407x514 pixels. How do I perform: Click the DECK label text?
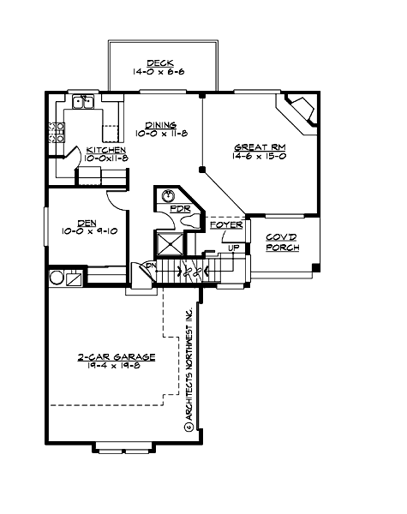[160, 63]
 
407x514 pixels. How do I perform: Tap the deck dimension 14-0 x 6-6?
[160, 73]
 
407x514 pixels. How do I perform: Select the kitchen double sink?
[83, 103]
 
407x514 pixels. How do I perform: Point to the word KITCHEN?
[106, 150]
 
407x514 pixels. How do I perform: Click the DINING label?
[160, 123]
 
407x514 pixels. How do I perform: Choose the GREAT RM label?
[259, 148]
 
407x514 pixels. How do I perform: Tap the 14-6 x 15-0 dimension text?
[259, 158]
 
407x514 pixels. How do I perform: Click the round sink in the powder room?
[169, 195]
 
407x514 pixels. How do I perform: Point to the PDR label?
[179, 208]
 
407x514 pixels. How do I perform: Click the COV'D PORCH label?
[282, 242]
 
